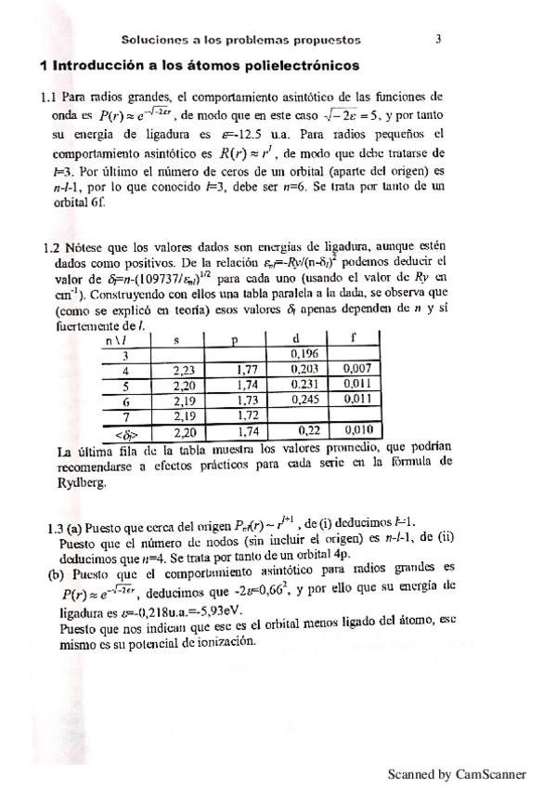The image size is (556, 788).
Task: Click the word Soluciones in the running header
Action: [157, 40]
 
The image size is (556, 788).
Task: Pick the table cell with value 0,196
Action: [305, 354]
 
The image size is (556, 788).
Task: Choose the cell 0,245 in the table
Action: [305, 399]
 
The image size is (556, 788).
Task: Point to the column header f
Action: [355, 339]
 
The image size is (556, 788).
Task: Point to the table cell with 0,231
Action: [305, 384]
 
